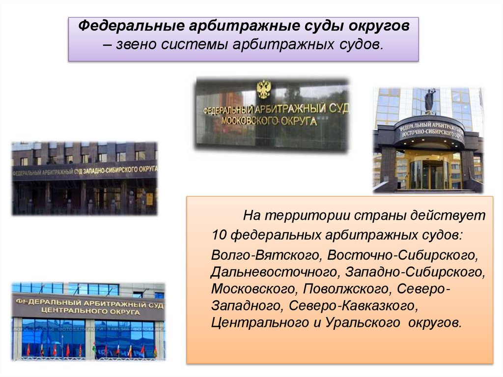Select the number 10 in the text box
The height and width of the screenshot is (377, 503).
219,235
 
